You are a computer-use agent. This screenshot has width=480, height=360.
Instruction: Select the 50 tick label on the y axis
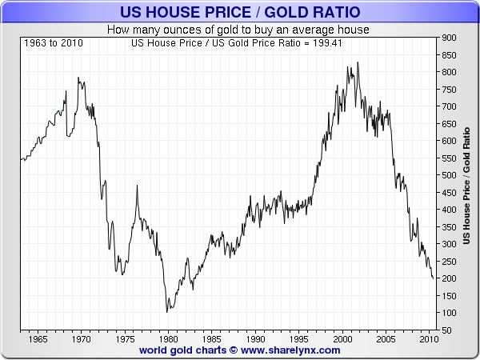[x=447, y=330]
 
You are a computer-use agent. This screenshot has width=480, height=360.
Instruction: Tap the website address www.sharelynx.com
[x=291, y=350]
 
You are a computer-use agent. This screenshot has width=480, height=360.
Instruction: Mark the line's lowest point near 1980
[x=166, y=312]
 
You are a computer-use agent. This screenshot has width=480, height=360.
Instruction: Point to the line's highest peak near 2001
[x=357, y=62]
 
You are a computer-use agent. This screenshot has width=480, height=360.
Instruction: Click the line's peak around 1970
[x=78, y=78]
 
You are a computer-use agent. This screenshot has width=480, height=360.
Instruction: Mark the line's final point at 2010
[x=434, y=278]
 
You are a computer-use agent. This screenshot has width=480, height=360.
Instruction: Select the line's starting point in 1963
[x=21, y=160]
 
